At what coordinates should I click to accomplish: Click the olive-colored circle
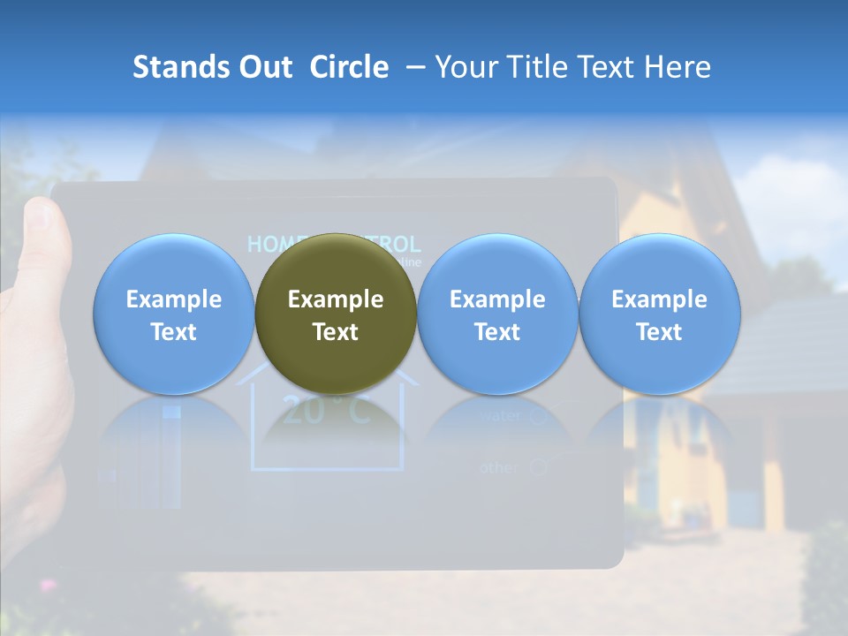[336, 314]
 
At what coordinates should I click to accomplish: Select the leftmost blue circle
[174, 314]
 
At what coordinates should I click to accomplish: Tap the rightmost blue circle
[659, 314]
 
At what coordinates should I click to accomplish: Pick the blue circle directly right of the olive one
[497, 314]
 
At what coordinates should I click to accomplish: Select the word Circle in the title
[349, 67]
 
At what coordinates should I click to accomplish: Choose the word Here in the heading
[678, 67]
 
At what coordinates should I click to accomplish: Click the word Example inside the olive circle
[336, 299]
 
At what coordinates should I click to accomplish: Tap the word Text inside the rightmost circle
[659, 332]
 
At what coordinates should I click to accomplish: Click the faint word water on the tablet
[499, 415]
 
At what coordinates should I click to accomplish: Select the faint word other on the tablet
[499, 467]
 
